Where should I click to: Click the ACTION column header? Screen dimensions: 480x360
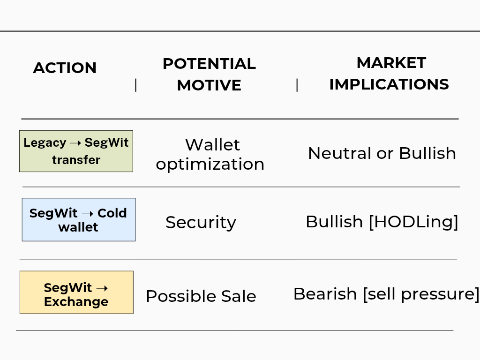click(x=65, y=67)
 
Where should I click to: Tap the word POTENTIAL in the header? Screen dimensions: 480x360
click(x=209, y=64)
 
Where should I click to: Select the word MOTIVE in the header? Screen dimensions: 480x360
click(x=209, y=85)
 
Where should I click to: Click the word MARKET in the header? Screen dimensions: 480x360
click(x=391, y=63)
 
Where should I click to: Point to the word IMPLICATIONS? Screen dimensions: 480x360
click(x=389, y=84)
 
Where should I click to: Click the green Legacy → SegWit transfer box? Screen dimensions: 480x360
click(x=76, y=151)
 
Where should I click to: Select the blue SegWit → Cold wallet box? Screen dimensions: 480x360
click(x=79, y=219)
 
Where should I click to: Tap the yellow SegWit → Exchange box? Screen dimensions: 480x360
click(x=76, y=292)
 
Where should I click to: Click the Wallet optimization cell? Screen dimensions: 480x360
click(x=210, y=154)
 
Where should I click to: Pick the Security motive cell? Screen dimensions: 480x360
click(x=201, y=222)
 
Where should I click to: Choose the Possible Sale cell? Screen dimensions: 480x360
click(x=201, y=296)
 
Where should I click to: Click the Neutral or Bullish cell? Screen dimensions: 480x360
click(x=382, y=153)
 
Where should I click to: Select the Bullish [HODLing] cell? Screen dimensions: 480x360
click(x=382, y=222)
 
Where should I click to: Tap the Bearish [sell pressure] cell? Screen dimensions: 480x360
click(x=386, y=294)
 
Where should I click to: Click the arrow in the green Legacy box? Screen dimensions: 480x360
click(x=75, y=143)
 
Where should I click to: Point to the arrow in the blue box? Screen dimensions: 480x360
click(x=88, y=214)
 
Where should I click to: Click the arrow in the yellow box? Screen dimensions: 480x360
click(x=102, y=288)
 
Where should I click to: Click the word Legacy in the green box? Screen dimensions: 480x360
click(x=45, y=143)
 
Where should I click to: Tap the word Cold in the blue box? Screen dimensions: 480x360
click(x=112, y=213)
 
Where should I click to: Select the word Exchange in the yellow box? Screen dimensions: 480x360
click(x=76, y=302)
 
